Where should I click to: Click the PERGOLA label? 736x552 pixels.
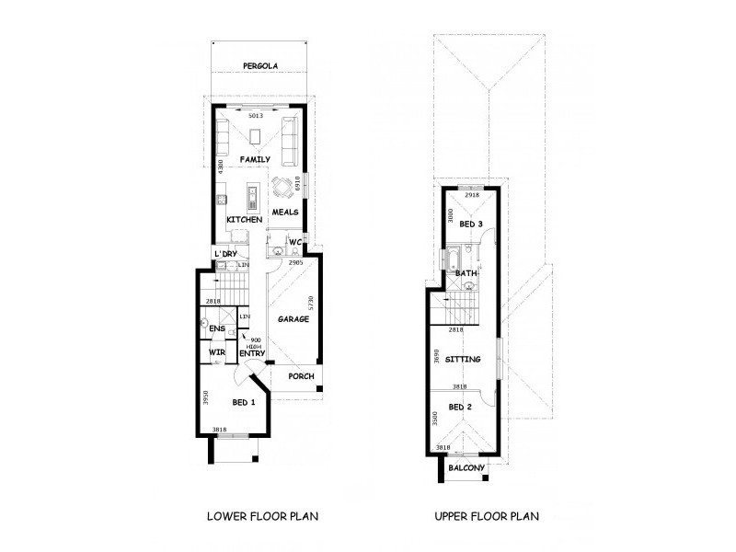coord(260,66)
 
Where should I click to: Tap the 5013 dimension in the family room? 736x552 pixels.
coord(256,116)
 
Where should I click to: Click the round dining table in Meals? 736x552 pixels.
coord(283,187)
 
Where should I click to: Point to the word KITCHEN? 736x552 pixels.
coord(245,221)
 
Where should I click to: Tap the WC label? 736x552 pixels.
coord(295,244)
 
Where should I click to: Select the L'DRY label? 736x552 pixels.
coord(225,254)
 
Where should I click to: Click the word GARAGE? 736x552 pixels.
coord(293,319)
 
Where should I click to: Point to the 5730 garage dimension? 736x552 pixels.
coord(313,304)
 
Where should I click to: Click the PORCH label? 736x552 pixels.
coord(301,376)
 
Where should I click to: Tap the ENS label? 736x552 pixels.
coord(217,328)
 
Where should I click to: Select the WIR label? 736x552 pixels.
coord(217,352)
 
